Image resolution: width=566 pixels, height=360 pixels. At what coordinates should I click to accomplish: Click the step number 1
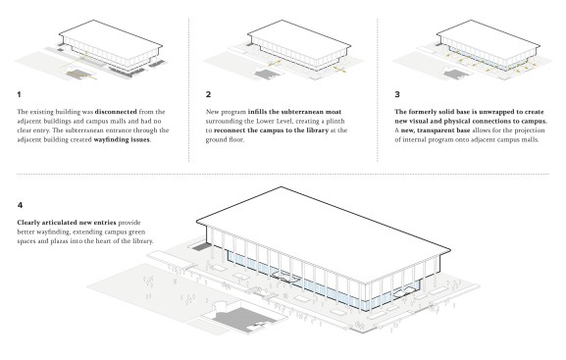point(19,94)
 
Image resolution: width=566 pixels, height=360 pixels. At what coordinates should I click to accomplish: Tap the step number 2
point(208,94)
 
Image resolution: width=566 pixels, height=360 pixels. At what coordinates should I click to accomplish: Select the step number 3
point(397,94)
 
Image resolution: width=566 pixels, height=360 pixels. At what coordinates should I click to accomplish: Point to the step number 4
point(20,205)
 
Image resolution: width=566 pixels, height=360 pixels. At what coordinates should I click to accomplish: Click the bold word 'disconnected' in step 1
point(116,112)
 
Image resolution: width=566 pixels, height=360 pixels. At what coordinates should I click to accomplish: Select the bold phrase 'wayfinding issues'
point(122,139)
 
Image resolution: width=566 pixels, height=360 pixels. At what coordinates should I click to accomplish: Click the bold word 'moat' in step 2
point(334,112)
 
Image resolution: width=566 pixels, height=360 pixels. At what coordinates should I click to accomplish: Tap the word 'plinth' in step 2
point(335,122)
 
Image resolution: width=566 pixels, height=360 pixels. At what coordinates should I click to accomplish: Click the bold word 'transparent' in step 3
point(436,130)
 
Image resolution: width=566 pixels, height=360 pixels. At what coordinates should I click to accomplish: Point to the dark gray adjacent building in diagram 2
point(268,74)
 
